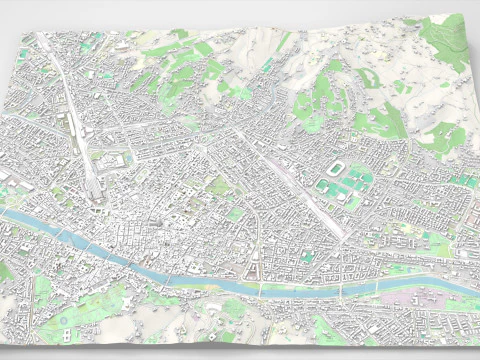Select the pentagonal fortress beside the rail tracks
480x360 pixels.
[124, 162]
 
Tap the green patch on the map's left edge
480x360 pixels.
[5, 270]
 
